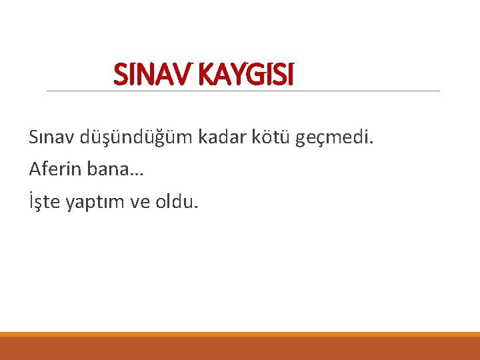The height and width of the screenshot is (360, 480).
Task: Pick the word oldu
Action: (174, 201)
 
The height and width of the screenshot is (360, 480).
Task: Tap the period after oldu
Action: (195, 207)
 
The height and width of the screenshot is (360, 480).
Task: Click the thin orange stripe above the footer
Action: (240, 335)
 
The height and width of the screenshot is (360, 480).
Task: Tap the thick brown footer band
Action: (240, 349)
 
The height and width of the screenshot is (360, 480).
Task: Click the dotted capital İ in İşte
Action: (31, 201)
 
